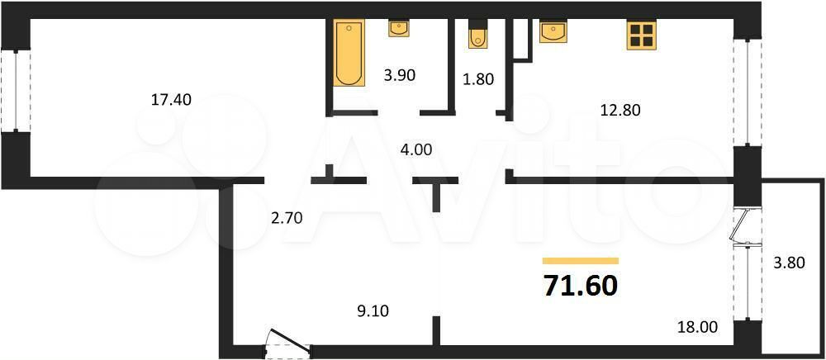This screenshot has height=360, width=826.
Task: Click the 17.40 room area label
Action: click(171, 99)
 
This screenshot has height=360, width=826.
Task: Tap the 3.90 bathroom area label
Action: click(399, 75)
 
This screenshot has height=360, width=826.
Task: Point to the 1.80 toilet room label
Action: click(479, 80)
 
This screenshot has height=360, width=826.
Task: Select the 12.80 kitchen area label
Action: click(620, 110)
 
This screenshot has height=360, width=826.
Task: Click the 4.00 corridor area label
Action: click(415, 150)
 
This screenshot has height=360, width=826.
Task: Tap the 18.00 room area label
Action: click(697, 327)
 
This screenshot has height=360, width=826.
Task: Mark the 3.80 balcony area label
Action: click(789, 262)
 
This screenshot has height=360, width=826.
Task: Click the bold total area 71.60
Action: click(580, 286)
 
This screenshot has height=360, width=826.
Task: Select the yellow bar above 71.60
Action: click(581, 261)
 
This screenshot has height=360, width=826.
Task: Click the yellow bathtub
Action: click(349, 53)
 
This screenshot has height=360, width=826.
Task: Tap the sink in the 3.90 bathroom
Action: click(399, 28)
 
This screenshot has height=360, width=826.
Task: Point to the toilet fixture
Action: click(477, 35)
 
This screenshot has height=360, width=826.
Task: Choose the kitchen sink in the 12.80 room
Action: click(553, 31)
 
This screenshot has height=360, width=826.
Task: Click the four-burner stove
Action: click(642, 36)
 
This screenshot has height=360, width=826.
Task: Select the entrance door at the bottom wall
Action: click(287, 343)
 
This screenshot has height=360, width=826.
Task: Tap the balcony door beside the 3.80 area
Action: click(744, 225)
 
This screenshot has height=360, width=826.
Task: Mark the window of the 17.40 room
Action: click(15, 91)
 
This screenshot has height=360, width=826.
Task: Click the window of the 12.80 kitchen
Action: click(748, 92)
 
